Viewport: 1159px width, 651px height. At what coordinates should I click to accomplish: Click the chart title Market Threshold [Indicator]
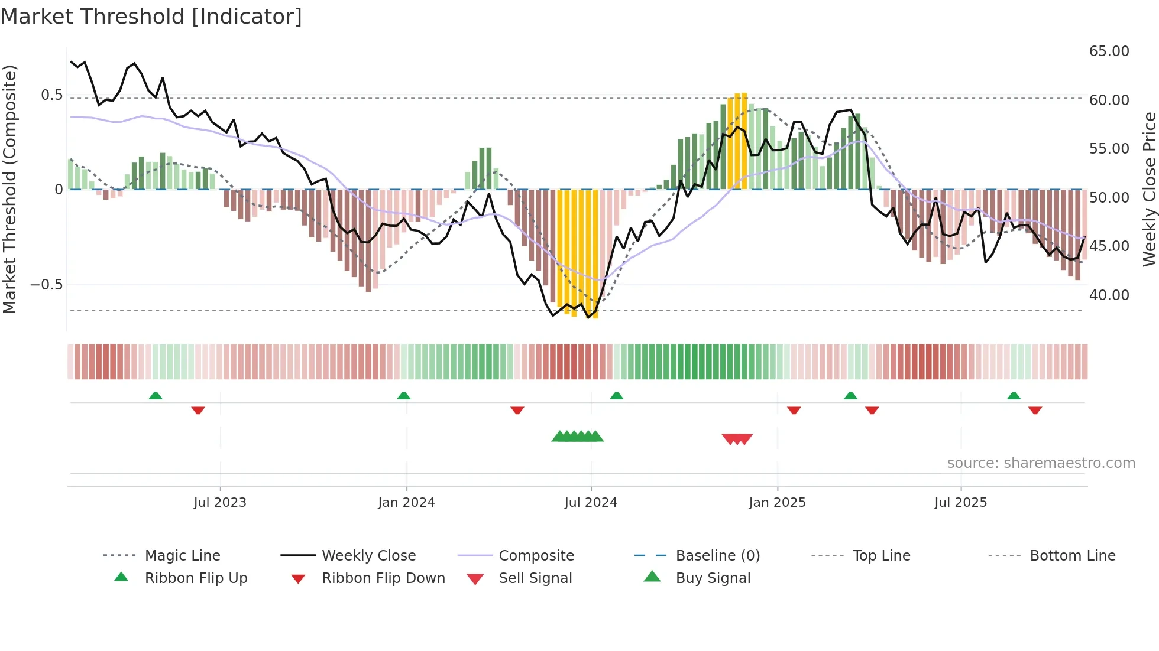[151, 17]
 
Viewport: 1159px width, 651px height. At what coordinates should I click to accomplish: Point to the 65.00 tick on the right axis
[1109, 51]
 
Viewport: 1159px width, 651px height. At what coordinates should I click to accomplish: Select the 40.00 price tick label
[1109, 295]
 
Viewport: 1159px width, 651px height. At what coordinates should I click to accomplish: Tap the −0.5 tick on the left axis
[46, 284]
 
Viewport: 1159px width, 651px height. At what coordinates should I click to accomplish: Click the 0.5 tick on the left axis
[51, 95]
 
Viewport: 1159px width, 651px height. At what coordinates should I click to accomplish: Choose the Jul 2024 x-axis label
[591, 503]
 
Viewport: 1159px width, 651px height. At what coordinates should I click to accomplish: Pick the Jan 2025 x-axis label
[777, 503]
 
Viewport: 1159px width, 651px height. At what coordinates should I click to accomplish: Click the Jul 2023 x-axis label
[220, 503]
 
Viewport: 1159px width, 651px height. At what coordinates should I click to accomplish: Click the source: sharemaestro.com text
[1041, 463]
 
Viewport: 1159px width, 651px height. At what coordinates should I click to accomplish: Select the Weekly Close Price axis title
[1149, 189]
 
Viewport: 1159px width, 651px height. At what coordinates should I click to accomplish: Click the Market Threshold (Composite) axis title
[9, 189]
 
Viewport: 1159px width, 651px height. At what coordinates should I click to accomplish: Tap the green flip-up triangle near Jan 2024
[404, 396]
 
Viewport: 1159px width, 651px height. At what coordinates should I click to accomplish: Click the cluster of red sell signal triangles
[737, 439]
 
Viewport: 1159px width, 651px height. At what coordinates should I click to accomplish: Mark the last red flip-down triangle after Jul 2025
[1035, 410]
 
